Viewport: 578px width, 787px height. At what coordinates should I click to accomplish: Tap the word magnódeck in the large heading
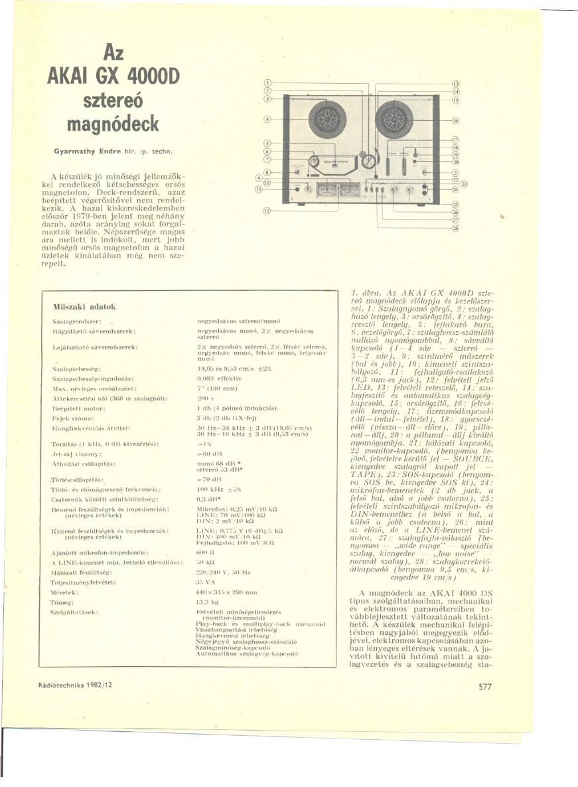[x=113, y=124]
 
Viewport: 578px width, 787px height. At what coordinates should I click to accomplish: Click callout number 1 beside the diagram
[x=267, y=82]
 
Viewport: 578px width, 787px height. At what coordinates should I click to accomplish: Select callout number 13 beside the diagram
[x=456, y=83]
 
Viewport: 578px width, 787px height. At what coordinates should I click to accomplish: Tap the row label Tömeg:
[x=64, y=602]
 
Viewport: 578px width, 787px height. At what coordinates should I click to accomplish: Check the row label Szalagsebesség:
[x=76, y=367]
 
